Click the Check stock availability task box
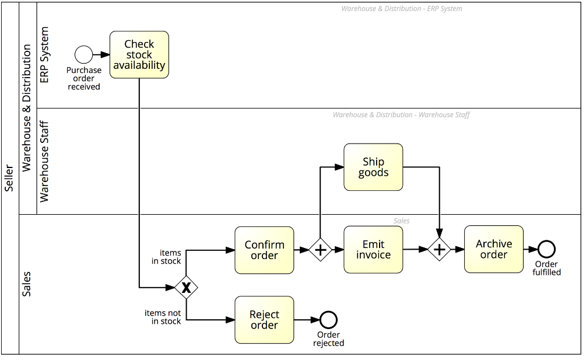pyautogui.click(x=139, y=55)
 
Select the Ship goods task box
pyautogui.click(x=373, y=167)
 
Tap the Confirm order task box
pyautogui.click(x=264, y=250)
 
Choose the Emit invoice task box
pyautogui.click(x=373, y=250)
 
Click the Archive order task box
pyautogui.click(x=493, y=249)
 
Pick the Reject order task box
pyautogui.click(x=264, y=320)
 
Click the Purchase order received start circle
pyautogui.click(x=84, y=55)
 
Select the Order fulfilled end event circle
pyautogui.click(x=546, y=249)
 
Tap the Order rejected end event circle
pyautogui.click(x=328, y=320)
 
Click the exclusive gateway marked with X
pyautogui.click(x=186, y=287)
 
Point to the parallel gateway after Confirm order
pyautogui.click(x=320, y=250)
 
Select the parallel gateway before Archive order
pyautogui.click(x=439, y=250)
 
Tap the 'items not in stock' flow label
pyautogui.click(x=163, y=317)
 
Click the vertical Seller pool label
pyautogui.click(x=9, y=177)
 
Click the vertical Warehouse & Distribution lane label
pyautogui.click(x=27, y=108)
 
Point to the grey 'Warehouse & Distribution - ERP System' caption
pyautogui.click(x=401, y=9)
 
